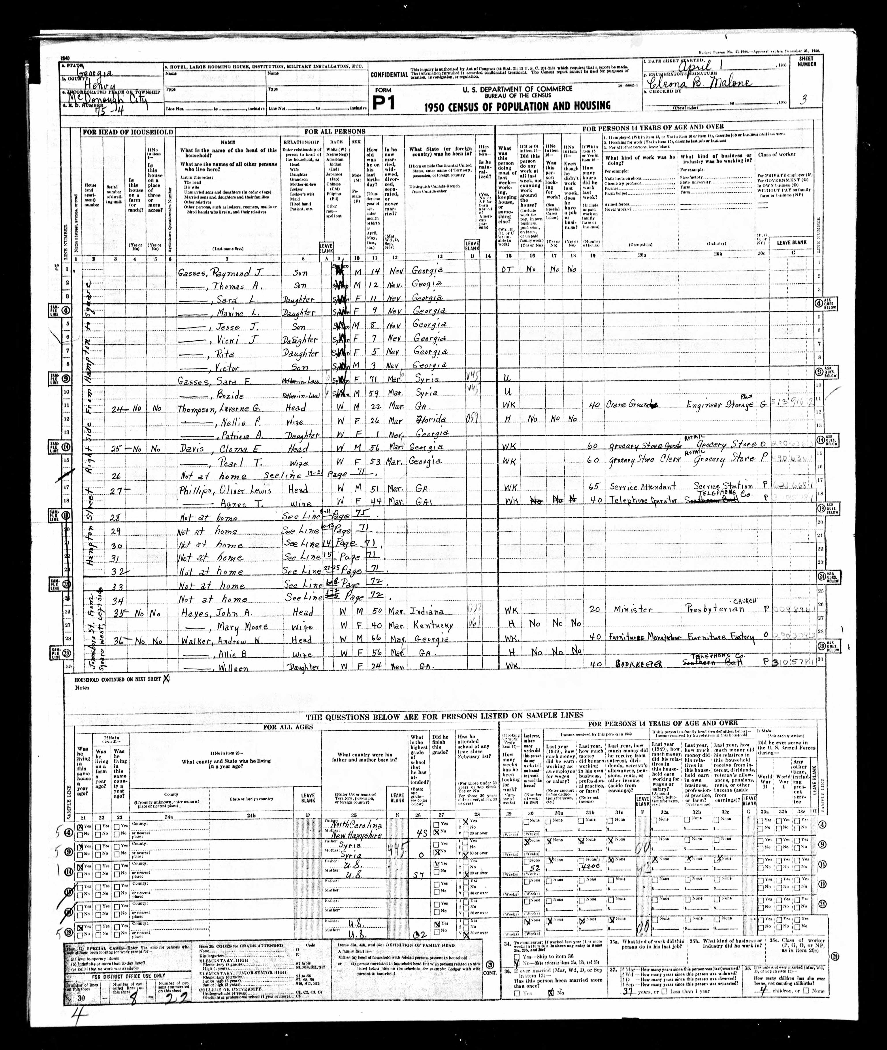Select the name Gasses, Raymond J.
click(221, 272)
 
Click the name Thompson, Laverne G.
click(221, 408)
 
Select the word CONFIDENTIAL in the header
click(389, 74)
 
